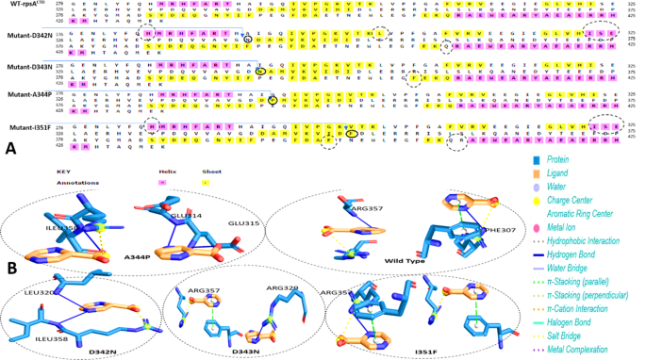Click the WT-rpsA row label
tap(23, 6)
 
